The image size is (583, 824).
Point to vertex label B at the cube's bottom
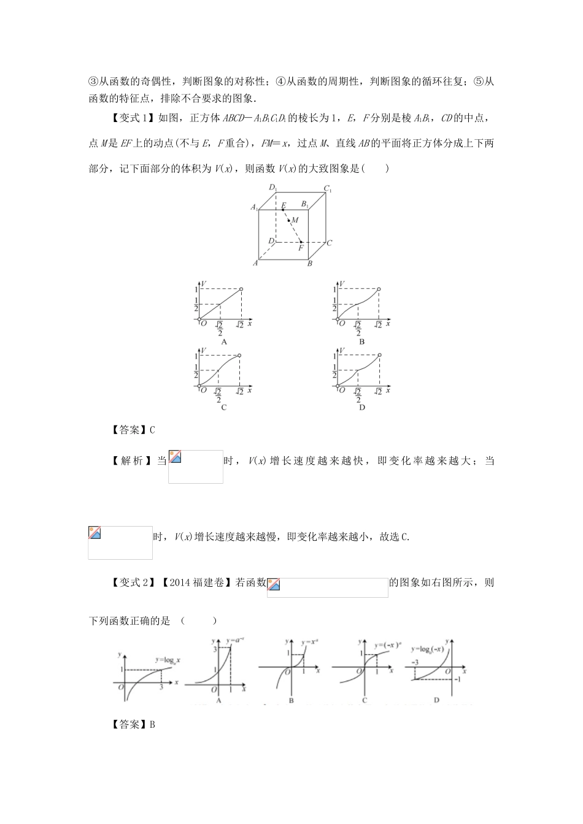pos(311,264)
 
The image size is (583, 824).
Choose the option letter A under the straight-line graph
pos(224,341)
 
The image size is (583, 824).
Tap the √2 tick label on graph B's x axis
pos(378,324)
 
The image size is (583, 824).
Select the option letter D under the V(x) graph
pos(362,407)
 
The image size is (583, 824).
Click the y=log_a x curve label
pos(171,660)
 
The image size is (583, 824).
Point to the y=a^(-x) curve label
pos(236,640)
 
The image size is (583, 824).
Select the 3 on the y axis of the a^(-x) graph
pos(215,649)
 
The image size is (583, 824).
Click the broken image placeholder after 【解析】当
pos(196,467)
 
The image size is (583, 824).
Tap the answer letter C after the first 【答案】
pos(152,430)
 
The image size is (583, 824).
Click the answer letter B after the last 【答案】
pos(152,725)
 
